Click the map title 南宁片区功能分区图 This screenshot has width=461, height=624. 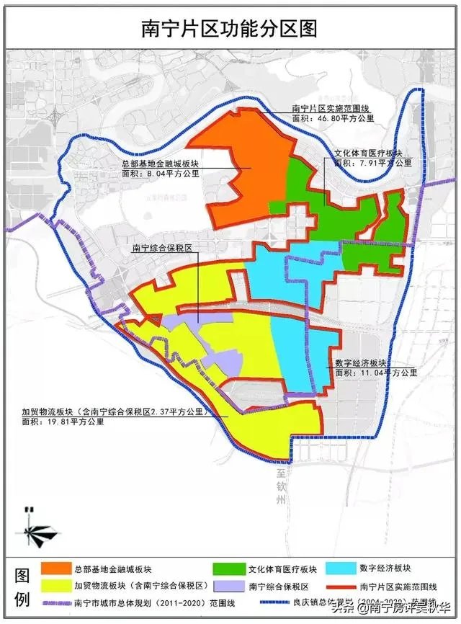pos(230,28)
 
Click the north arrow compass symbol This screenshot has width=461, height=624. pos(32,530)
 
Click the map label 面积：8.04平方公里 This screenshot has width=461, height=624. pos(160,174)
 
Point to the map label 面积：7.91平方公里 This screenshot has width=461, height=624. pos(372,163)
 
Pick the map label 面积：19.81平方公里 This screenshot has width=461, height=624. pos(63,422)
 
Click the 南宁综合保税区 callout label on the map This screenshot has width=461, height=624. pos(165,248)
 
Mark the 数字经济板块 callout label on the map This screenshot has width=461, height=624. pos(361,362)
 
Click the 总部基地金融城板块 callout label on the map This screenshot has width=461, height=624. pos(160,164)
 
